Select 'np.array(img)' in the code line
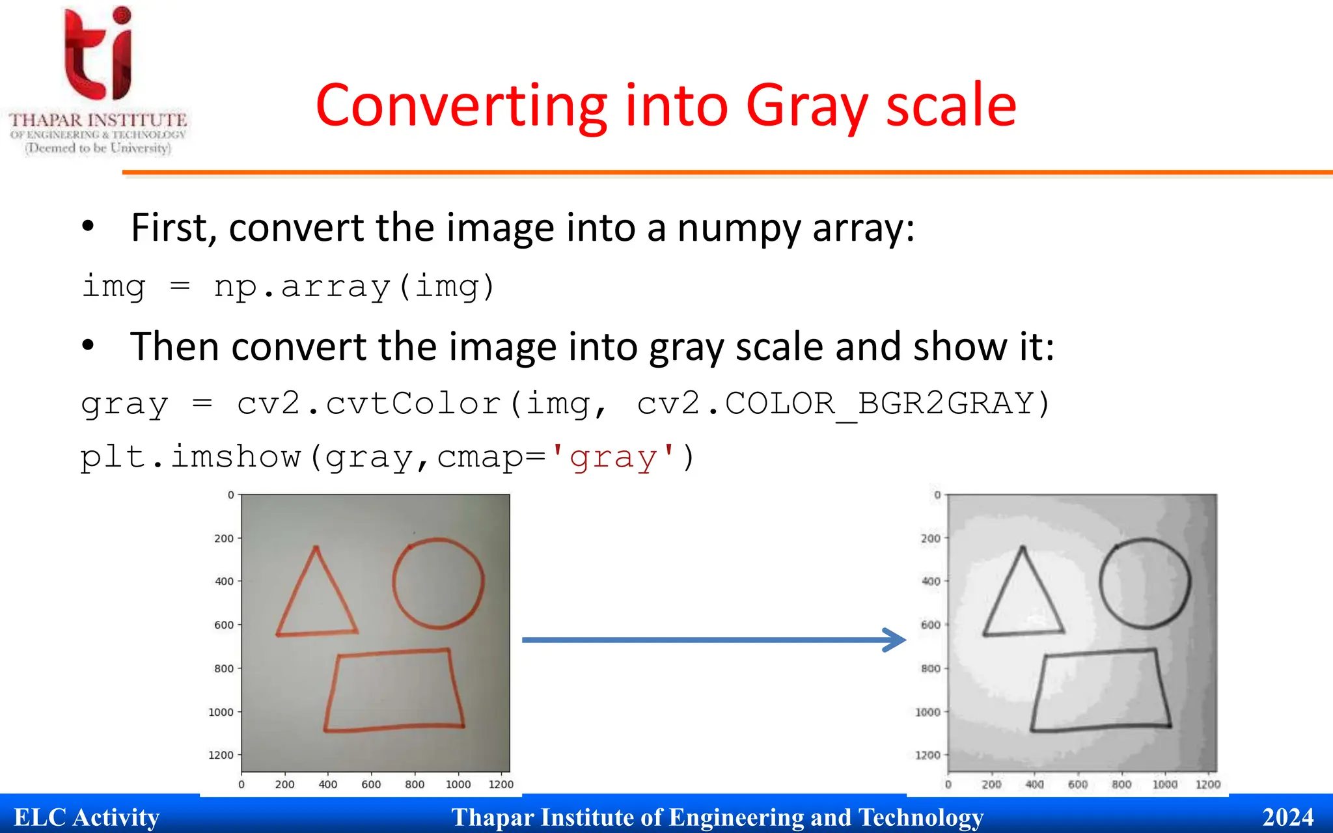point(355,287)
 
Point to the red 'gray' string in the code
point(612,457)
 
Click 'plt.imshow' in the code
point(191,457)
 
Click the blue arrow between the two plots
point(713,640)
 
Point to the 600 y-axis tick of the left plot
point(224,625)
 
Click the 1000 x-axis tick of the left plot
point(458,785)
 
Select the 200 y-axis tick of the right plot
point(931,539)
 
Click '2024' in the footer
point(1287,817)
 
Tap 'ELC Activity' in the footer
point(87,817)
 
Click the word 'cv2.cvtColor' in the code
point(368,404)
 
